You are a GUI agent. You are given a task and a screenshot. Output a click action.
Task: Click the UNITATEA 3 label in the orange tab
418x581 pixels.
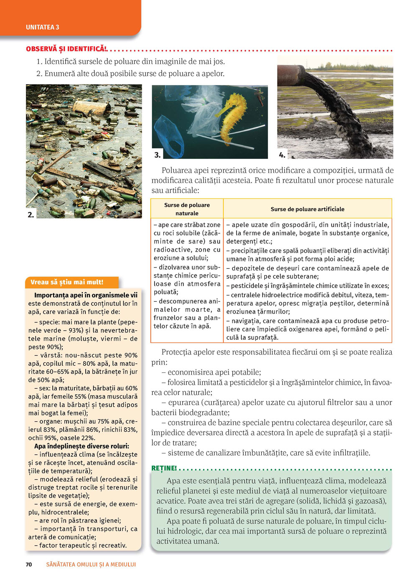pos(42,27)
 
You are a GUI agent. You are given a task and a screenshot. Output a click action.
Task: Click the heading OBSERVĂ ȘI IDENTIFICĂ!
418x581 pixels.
pos(66,49)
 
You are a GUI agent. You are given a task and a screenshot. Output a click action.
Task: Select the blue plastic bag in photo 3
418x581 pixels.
pos(169,136)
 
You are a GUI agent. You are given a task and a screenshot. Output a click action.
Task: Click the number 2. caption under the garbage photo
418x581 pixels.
pos(31,214)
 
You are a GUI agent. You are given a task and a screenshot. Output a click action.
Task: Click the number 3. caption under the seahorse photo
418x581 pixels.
pos(157,155)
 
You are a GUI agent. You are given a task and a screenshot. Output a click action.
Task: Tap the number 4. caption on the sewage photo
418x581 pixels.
pos(282,155)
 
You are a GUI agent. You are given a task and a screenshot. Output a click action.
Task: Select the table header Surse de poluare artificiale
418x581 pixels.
pos(307,209)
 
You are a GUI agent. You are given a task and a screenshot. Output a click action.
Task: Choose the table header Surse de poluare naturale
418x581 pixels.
pos(187,209)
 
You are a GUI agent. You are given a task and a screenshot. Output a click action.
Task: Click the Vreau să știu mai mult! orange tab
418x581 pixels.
pos(67,282)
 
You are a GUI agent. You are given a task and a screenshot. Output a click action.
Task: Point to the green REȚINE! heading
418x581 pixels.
pos(164,468)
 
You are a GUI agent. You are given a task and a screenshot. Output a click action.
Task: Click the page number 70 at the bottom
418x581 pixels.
pos(29,564)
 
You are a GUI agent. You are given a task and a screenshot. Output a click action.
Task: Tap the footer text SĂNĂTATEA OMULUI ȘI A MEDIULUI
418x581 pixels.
pos(91,564)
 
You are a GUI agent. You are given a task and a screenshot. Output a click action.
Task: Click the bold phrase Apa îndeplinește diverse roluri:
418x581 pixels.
pos(82,446)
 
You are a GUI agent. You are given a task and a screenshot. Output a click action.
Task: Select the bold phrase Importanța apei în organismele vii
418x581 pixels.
pos(86,295)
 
